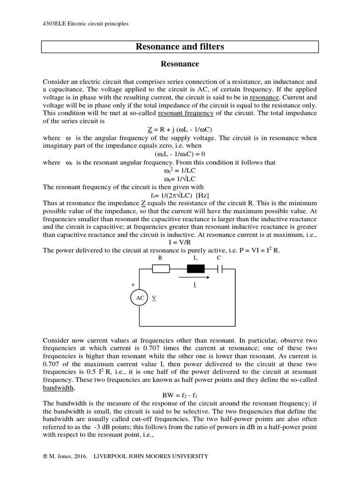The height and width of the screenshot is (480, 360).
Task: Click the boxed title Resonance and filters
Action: tap(180, 46)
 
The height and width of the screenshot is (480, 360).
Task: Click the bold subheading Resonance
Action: tap(180, 64)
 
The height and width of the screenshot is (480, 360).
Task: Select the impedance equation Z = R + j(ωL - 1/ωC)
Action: tap(180, 129)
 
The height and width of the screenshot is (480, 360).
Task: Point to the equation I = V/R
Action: tap(180, 243)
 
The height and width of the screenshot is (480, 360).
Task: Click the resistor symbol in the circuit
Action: tap(162, 269)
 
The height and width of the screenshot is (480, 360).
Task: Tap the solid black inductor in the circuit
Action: tap(196, 269)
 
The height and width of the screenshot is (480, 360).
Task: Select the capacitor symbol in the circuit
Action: tap(219, 269)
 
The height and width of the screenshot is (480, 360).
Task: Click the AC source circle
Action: tap(140, 298)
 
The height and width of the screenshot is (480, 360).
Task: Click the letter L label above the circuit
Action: tap(196, 258)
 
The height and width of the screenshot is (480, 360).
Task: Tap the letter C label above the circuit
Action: tap(219, 258)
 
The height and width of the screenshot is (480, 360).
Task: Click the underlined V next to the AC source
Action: tap(154, 298)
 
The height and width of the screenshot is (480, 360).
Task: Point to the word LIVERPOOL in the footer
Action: tap(111, 456)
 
